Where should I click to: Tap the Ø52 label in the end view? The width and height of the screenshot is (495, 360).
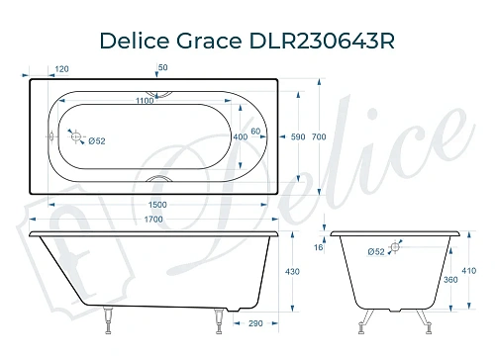click(x=375, y=252)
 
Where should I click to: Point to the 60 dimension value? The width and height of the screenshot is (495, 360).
click(x=255, y=131)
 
